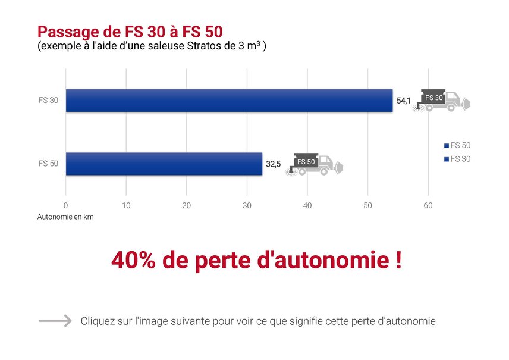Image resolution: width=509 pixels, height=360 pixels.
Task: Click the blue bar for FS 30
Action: pos(229,101)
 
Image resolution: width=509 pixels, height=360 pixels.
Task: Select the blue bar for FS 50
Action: pos(164,164)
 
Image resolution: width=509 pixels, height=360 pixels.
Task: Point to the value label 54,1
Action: pos(403,101)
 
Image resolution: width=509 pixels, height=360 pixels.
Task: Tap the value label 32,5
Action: pos(273,164)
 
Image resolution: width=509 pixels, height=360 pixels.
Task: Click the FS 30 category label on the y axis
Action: pos(48,101)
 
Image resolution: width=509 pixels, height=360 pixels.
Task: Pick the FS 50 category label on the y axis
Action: pos(48,164)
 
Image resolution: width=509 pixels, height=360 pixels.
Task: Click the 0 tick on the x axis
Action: pos(65,205)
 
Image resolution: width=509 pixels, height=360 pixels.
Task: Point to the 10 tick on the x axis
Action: pos(126,205)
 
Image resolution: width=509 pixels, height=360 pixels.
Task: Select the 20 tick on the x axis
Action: pos(186,205)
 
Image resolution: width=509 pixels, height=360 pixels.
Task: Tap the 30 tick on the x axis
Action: pos(247,205)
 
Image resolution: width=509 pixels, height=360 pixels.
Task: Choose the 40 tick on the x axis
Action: pos(307,205)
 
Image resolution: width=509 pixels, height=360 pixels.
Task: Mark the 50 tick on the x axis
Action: pos(367,205)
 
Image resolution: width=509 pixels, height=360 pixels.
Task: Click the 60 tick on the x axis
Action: pos(428,205)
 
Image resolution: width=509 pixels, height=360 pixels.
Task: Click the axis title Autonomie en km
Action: pos(65,217)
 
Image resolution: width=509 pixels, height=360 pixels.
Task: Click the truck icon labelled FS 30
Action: pos(442,100)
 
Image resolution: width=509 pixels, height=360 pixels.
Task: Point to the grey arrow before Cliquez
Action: pos(55,321)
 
